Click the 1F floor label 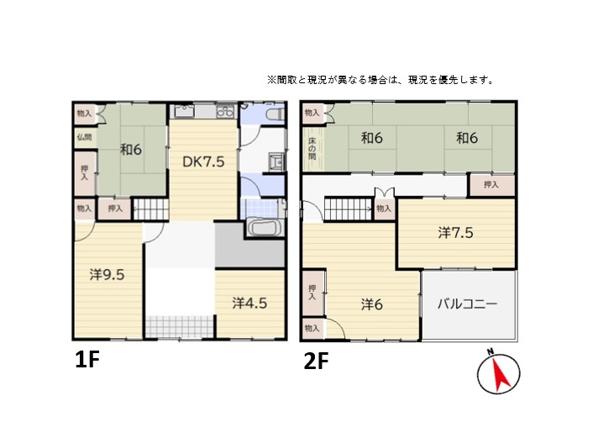(87, 361)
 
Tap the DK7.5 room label (204, 163)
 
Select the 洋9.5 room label (108, 273)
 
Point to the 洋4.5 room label (249, 303)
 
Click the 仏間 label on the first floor (85, 137)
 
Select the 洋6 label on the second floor (372, 303)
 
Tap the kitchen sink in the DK (186, 112)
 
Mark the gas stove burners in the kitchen (225, 112)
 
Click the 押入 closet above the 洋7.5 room (491, 185)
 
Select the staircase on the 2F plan (348, 208)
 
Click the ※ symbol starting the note (271, 81)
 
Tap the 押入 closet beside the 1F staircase (115, 208)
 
